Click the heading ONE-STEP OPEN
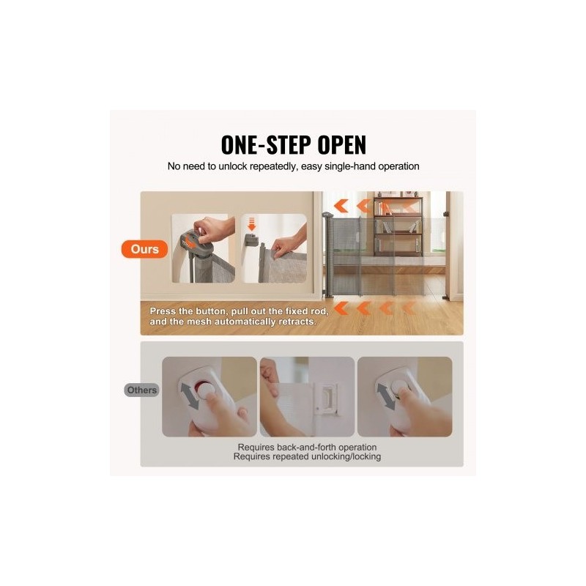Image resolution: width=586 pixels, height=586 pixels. click(294, 144)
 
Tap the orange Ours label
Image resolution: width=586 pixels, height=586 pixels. click(144, 249)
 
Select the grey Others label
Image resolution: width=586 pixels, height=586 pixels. click(141, 390)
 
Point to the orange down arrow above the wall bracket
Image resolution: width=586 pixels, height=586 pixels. click(251, 224)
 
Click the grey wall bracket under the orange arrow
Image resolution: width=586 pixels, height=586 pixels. click(251, 240)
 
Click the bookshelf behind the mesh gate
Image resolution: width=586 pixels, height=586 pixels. click(398, 224)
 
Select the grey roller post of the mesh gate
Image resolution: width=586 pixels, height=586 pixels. click(328, 255)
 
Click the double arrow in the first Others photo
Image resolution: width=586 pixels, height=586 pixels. click(190, 396)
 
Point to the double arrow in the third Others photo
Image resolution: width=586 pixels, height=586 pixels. click(386, 396)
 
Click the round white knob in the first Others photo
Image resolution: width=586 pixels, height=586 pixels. click(205, 392)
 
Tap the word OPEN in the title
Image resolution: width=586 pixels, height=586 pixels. click(341, 144)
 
